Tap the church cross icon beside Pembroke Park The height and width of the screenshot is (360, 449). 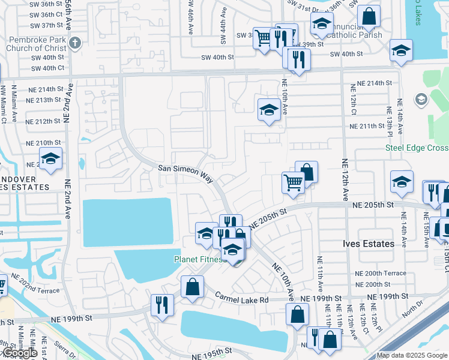point(74,43)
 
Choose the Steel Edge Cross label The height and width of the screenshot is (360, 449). point(417,148)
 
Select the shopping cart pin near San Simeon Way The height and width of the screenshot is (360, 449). point(292,181)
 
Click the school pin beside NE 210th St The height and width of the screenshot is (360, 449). point(51,159)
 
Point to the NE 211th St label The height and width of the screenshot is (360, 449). point(367,126)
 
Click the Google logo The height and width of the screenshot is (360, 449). point(19,353)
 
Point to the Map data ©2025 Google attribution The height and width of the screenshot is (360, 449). point(412,356)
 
